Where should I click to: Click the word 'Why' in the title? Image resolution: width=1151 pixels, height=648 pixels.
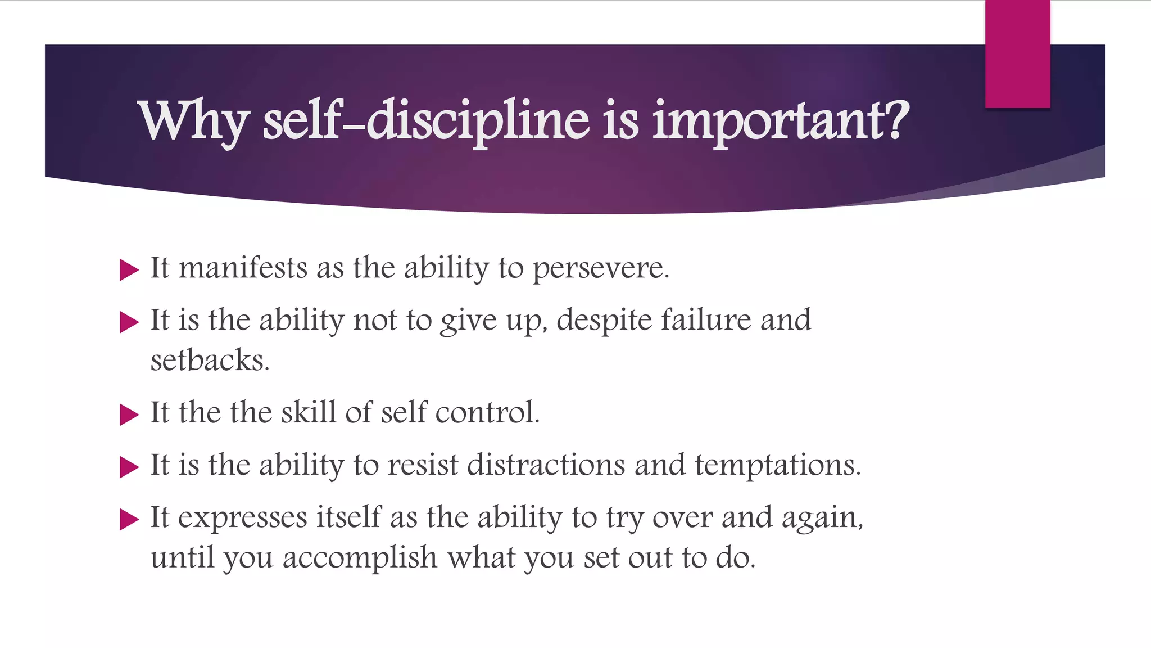pos(194,121)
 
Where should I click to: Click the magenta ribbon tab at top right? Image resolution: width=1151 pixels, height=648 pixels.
pos(1017,54)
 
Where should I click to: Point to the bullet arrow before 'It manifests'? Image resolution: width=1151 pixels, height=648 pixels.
pos(129,270)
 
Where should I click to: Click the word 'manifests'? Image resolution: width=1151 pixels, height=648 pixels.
pos(243,268)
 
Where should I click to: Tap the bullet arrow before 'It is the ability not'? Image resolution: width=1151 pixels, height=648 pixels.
pos(129,322)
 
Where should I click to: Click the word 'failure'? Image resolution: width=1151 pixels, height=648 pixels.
pos(706,320)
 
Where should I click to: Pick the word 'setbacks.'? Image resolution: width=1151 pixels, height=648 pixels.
pos(210,361)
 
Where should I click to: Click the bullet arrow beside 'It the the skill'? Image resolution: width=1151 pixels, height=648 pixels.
pos(129,415)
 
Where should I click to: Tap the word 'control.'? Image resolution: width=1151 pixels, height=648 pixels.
pos(487,412)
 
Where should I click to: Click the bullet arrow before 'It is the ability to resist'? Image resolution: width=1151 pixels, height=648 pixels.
pos(129,467)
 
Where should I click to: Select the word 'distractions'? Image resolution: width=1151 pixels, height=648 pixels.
pos(546,465)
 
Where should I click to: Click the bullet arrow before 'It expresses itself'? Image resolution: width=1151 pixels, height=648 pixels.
pos(129,519)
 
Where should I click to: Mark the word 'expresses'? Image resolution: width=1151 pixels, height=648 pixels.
pos(242,518)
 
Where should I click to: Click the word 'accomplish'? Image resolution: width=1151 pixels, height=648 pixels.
pos(360,559)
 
